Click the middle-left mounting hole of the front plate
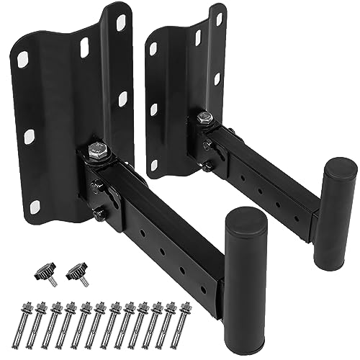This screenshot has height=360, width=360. point(30,135)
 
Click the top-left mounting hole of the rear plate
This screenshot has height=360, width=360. point(152,48)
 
